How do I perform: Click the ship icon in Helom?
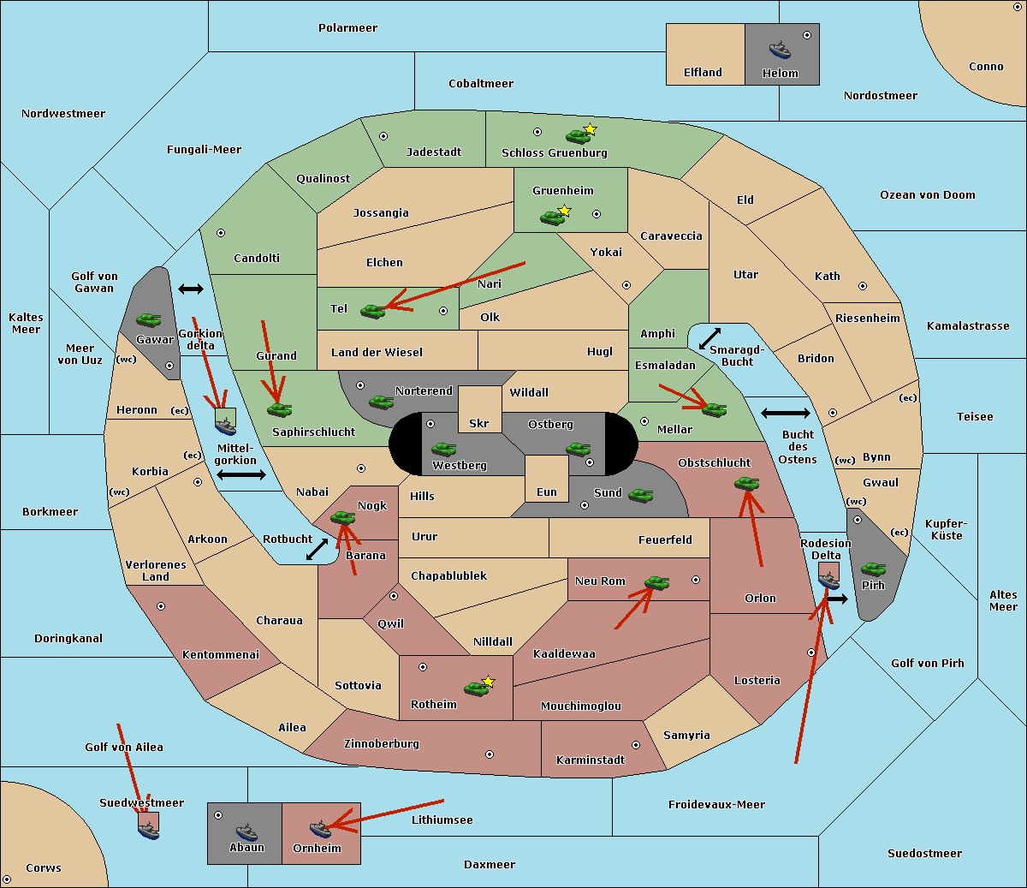click(780, 49)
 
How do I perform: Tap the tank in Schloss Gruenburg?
click(578, 135)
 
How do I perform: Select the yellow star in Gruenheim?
click(564, 210)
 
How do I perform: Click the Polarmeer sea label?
click(347, 28)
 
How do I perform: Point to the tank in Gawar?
click(149, 319)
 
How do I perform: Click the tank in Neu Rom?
click(656, 583)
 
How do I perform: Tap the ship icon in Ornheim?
click(320, 828)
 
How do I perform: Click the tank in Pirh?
click(873, 569)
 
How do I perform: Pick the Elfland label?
click(703, 73)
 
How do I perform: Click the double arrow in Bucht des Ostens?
click(785, 414)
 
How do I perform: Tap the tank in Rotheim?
click(476, 688)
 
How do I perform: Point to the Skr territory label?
click(479, 424)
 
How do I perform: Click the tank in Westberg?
click(443, 449)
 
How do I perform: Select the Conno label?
click(986, 67)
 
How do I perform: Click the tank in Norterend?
click(381, 401)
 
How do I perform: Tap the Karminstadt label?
click(591, 760)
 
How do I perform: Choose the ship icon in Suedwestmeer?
click(148, 829)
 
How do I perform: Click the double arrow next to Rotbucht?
click(317, 549)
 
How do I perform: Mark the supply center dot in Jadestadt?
click(383, 135)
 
